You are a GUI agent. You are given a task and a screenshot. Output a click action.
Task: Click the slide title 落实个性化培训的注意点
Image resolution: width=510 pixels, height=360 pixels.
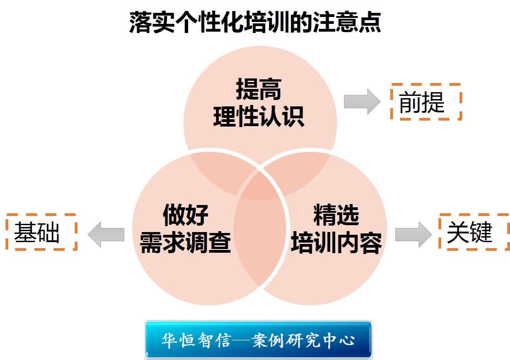tap(255, 22)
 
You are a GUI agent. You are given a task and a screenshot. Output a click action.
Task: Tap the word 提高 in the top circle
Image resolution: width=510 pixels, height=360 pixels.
tap(259, 90)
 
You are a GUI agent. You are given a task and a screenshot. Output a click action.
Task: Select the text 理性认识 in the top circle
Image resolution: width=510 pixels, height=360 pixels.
tap(259, 116)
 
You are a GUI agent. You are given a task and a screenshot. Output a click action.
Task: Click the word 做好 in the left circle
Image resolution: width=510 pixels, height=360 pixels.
tap(186, 214)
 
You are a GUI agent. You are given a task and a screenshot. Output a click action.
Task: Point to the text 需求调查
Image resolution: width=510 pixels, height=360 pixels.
tap(185, 242)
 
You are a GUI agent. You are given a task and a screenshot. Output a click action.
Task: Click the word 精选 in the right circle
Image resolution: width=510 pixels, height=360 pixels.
tap(336, 214)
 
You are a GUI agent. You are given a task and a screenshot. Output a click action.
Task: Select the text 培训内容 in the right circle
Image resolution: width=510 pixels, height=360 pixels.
tap(336, 242)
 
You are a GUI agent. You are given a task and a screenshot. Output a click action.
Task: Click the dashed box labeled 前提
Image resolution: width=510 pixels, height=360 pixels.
tap(426, 102)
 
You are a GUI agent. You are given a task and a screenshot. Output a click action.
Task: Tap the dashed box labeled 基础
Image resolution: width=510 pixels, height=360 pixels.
tap(41, 232)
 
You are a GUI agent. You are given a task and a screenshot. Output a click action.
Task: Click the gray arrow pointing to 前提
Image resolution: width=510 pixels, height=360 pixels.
tap(362, 102)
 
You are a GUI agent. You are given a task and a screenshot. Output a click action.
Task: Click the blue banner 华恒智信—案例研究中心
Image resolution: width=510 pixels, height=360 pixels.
tap(258, 340)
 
